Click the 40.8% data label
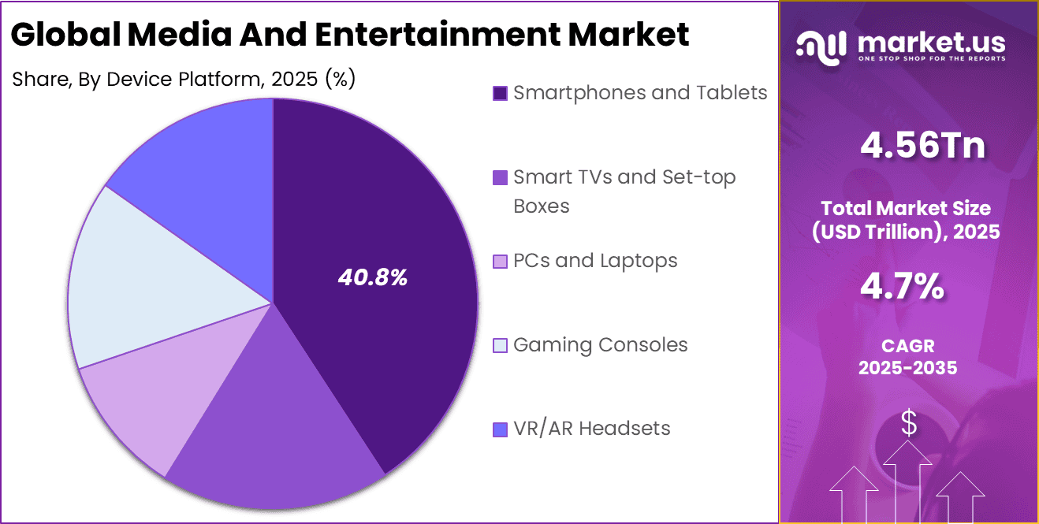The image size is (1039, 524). (372, 277)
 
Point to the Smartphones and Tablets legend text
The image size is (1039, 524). (639, 93)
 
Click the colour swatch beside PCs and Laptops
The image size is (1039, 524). (500, 261)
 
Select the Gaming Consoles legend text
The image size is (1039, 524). (600, 345)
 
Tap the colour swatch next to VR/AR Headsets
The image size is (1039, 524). (500, 429)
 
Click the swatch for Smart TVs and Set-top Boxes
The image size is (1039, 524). (500, 178)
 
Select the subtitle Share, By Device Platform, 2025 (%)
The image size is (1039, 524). (184, 79)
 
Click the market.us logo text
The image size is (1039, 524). (930, 42)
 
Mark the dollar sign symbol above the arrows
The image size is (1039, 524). (909, 424)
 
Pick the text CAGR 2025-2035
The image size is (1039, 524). (909, 357)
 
